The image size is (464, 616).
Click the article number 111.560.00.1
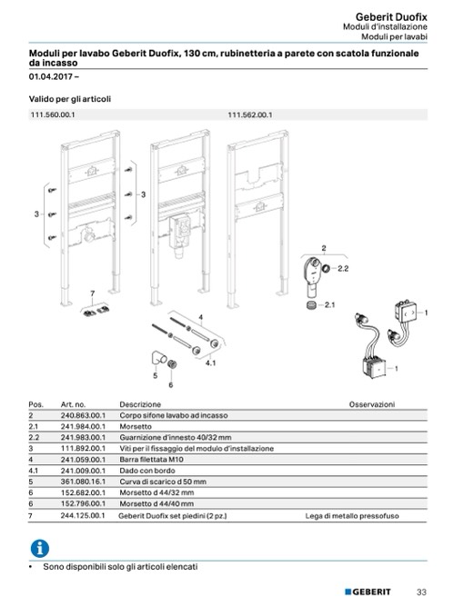pos(53,114)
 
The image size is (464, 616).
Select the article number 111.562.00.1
pos(250,114)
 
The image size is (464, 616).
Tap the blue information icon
pos(40,548)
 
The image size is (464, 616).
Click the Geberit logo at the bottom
pos(368,591)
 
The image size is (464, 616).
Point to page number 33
pos(421,592)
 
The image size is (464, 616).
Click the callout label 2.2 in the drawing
pos(343,268)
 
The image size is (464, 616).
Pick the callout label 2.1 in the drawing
pos(329,304)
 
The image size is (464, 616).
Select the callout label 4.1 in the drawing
pos(210,363)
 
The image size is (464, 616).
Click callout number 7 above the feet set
pos(93,293)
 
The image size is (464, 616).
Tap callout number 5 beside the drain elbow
pos(155,375)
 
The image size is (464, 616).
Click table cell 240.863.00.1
pos(83,415)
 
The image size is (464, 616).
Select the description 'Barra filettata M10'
pos(152,459)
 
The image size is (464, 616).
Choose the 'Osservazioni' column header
pos(372,404)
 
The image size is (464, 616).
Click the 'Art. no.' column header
pos(73,404)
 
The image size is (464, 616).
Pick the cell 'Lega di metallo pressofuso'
pos(352,516)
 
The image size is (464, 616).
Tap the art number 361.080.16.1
pos(83,482)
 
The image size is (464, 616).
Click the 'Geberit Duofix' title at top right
pos(391,17)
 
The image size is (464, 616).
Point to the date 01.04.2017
pos(51,76)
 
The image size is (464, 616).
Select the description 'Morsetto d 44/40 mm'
pos(156,503)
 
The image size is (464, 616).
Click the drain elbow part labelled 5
pos(158,358)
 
